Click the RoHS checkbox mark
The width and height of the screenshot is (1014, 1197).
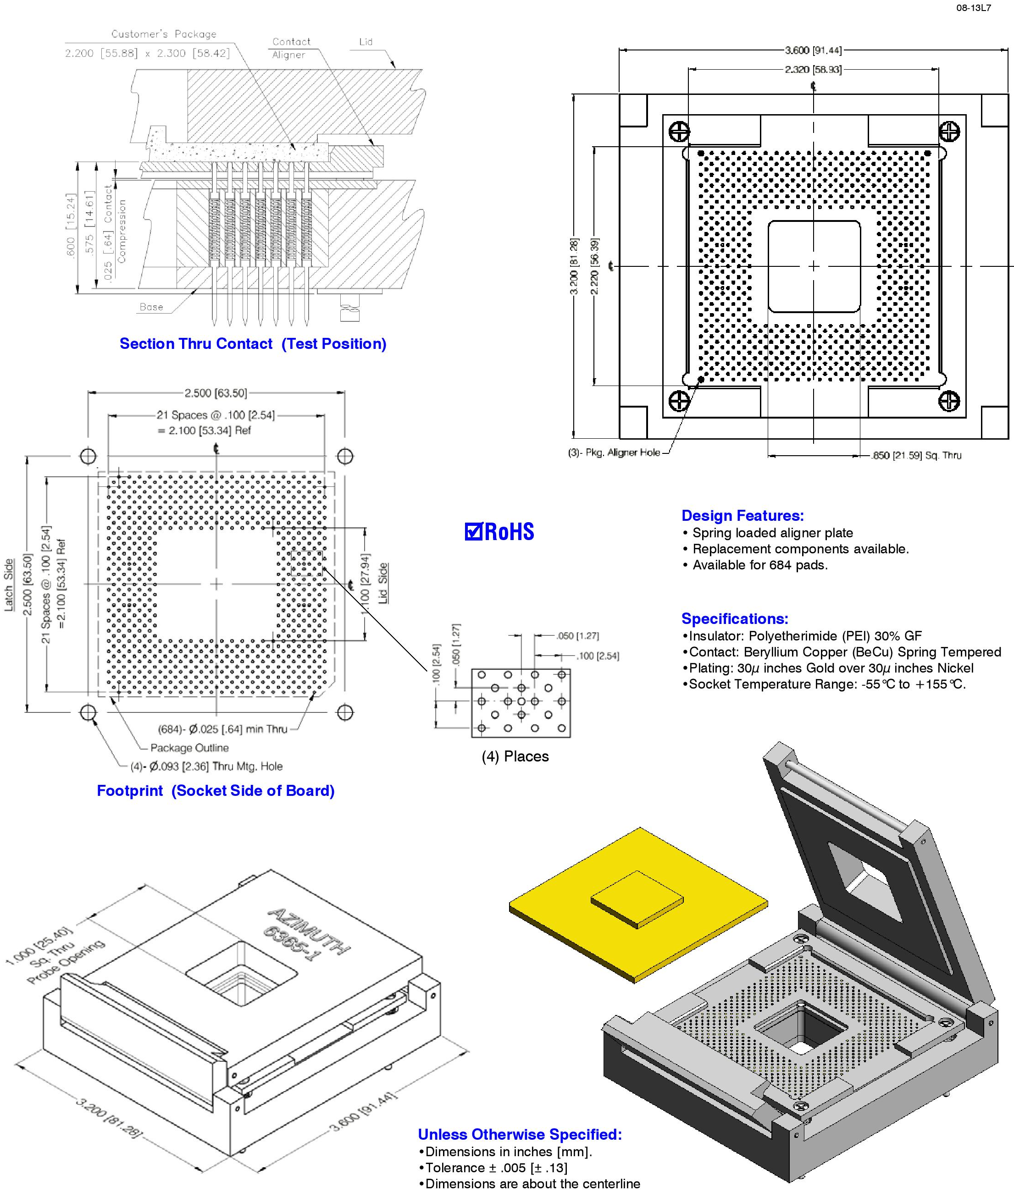(x=473, y=531)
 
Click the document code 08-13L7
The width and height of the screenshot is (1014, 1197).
(x=973, y=9)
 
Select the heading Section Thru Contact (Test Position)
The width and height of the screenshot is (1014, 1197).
(x=253, y=344)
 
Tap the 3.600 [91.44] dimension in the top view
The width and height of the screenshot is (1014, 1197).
(x=813, y=50)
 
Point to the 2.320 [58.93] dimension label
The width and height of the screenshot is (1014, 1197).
(x=813, y=70)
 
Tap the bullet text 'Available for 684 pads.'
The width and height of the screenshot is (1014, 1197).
(x=760, y=565)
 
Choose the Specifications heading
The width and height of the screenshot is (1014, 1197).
(x=735, y=618)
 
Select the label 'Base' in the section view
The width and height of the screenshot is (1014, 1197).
(x=151, y=307)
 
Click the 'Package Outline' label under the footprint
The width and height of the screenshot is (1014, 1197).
(x=189, y=748)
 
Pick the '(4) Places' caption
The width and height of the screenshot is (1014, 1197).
(x=515, y=756)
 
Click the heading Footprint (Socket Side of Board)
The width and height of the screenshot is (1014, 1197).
(x=216, y=790)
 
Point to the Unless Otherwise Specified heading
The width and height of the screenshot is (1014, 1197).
(x=520, y=1134)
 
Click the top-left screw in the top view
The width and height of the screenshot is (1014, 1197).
(x=680, y=132)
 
